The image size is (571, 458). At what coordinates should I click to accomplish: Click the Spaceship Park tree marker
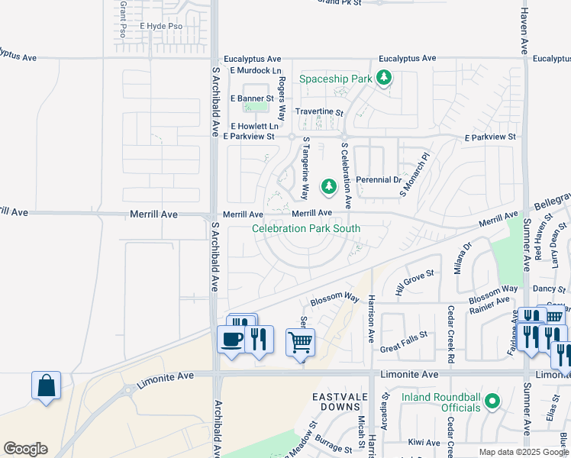point(386,79)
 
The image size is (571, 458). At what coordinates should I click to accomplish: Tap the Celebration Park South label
point(306,228)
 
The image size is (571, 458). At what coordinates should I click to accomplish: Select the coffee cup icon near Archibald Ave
point(231,340)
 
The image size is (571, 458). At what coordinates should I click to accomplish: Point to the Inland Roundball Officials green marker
point(493,398)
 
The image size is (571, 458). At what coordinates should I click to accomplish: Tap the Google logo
point(25,449)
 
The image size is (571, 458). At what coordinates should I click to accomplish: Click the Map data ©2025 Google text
point(524,452)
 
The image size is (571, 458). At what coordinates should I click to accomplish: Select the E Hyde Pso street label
point(161,26)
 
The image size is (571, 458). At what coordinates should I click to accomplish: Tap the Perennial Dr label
point(379,180)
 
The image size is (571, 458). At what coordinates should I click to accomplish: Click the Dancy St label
point(544,289)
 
